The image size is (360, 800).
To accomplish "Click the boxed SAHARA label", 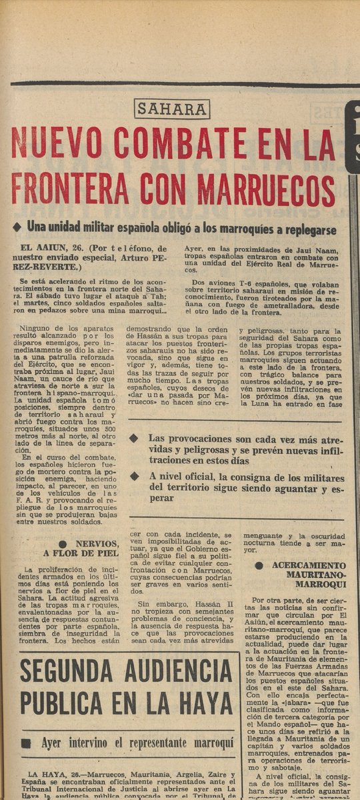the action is [x=172, y=109].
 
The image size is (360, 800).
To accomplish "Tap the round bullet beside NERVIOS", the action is [x=63, y=544].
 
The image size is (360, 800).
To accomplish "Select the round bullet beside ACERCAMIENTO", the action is [x=259, y=565].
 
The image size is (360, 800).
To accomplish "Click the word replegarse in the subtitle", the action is [x=310, y=227].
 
